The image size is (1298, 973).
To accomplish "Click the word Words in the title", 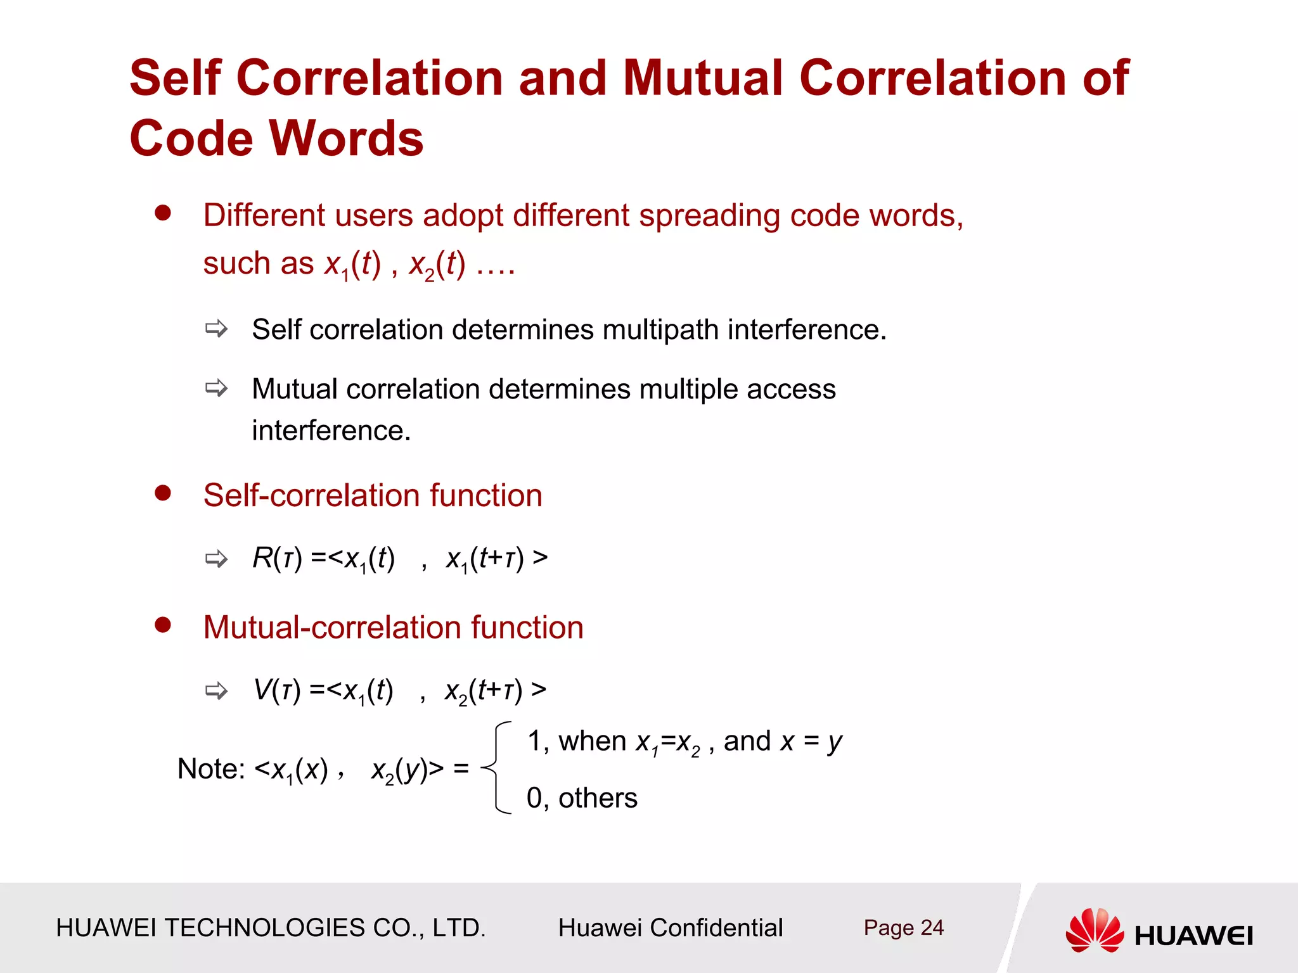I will click(x=346, y=139).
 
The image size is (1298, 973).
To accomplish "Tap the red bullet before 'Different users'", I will click(x=163, y=213).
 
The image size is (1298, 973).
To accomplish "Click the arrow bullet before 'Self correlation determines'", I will click(x=216, y=329).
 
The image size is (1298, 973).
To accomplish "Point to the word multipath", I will click(x=660, y=330).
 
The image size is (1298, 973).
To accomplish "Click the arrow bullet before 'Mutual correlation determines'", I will click(x=216, y=388).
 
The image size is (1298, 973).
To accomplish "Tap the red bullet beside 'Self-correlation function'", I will click(x=163, y=493).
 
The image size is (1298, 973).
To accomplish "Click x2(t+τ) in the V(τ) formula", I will click(x=484, y=690).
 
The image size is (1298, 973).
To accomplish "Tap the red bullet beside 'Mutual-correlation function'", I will click(x=163, y=625).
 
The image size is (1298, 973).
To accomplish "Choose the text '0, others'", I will click(x=582, y=798).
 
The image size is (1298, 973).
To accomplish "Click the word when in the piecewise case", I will click(x=592, y=741).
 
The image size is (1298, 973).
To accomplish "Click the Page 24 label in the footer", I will click(x=903, y=928).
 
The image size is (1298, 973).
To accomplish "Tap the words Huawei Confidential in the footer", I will click(x=670, y=928).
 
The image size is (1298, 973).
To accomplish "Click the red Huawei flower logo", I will click(x=1095, y=930).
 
